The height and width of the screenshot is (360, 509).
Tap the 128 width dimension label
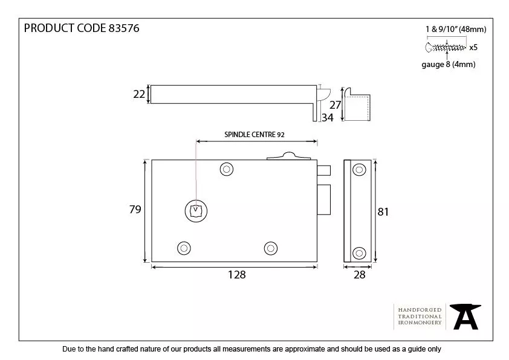237,275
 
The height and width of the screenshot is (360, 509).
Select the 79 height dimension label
135,210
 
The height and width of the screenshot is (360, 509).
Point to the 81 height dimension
383,211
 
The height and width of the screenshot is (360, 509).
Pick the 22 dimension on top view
138,94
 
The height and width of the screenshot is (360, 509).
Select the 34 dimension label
327,118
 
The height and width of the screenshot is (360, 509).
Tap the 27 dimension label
336,104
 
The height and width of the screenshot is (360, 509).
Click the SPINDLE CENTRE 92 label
254,134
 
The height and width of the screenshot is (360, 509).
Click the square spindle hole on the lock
195,211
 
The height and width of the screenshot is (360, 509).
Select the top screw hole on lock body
227,169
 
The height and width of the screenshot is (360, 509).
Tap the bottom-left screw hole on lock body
183,248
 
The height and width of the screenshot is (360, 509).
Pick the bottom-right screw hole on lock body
270,248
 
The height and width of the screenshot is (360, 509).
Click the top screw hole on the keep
359,169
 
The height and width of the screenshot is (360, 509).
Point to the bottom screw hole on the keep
359,253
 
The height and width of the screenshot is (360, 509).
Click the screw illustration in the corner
446,47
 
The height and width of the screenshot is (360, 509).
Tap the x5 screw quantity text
473,47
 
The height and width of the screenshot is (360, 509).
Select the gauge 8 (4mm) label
448,65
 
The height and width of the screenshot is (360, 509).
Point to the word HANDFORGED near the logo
420,310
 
